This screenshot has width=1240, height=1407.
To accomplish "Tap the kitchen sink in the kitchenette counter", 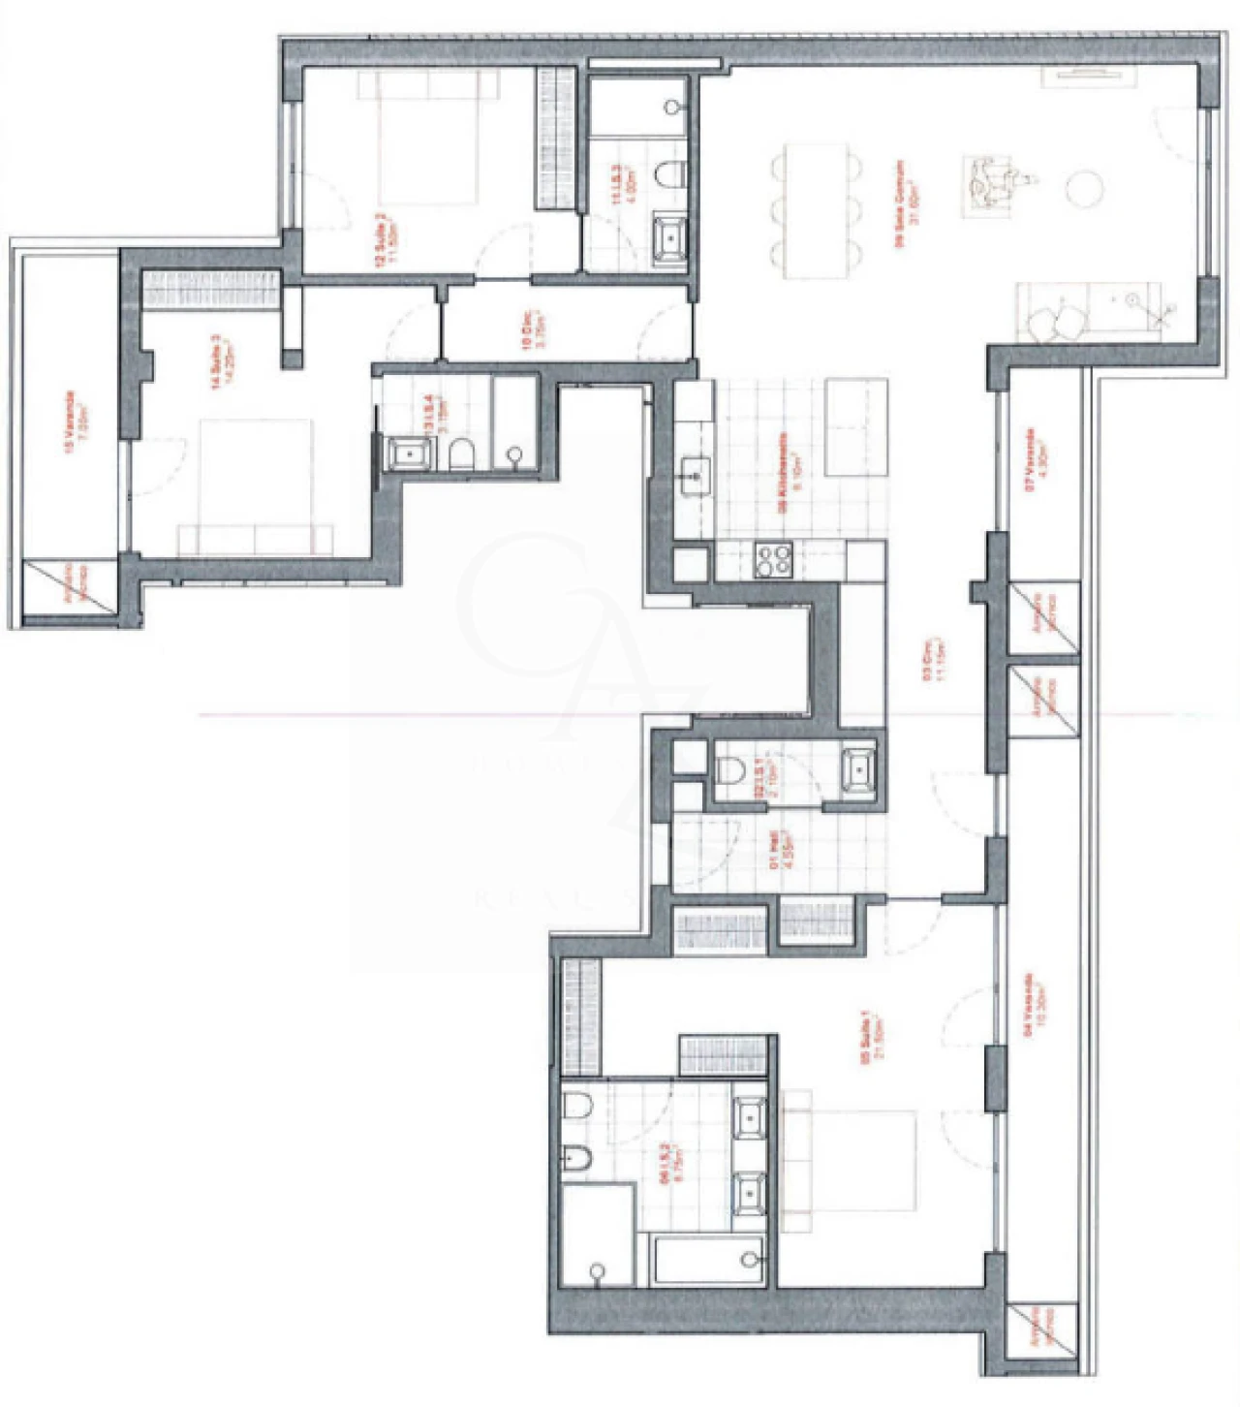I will click(694, 475).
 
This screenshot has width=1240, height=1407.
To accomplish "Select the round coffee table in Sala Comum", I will click(1085, 187).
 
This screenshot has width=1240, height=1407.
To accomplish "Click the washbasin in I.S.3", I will click(669, 237).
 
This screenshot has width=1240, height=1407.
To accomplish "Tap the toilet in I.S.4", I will click(461, 453).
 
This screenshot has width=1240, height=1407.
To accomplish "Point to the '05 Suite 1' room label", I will click(873, 1039).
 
